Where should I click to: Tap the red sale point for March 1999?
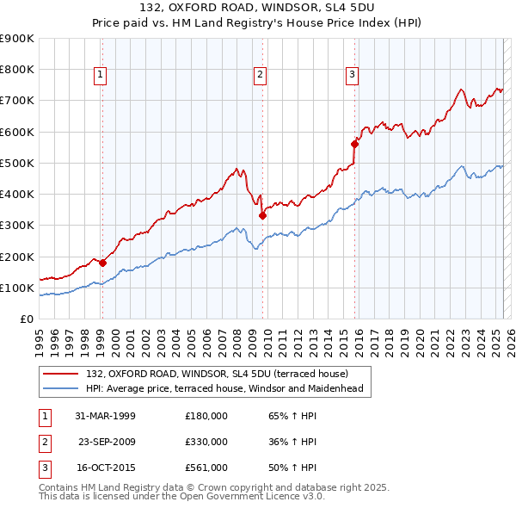102,263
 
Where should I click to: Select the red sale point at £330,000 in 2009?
262,216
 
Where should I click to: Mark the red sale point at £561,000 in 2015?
354,144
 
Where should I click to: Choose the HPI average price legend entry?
224,388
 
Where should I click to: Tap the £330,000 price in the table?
206,442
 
